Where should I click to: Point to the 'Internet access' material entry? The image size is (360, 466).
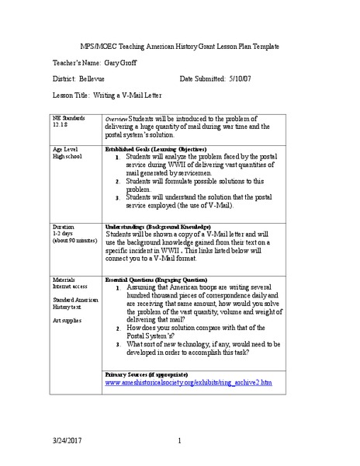click(x=71, y=285)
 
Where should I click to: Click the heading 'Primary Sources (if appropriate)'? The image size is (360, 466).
click(x=148, y=375)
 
